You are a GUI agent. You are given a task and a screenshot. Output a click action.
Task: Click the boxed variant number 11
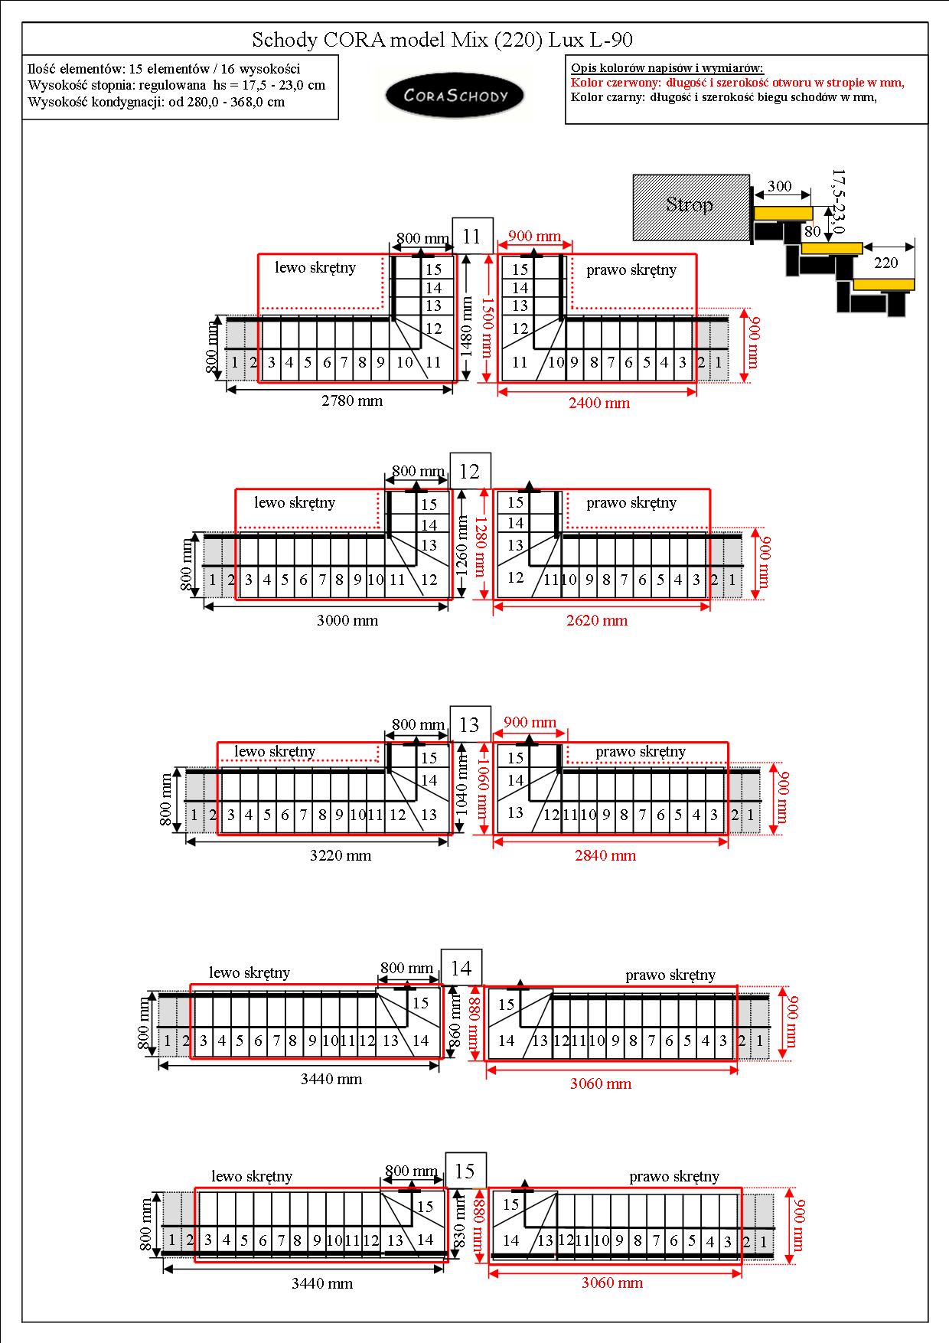point(471,237)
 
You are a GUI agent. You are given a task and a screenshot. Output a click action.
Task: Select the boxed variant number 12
point(469,471)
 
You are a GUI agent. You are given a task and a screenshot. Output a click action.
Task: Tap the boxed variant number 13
point(469,724)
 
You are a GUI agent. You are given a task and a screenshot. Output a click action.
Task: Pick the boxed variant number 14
point(461,968)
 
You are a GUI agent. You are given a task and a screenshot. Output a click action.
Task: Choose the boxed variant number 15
point(465,1171)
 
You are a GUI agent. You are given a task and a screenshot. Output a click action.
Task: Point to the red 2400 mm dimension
point(599,403)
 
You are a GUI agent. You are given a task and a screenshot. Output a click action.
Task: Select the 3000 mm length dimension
point(347,620)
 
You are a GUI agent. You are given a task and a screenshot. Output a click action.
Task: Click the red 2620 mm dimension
point(597,620)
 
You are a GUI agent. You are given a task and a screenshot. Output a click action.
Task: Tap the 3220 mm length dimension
point(341,855)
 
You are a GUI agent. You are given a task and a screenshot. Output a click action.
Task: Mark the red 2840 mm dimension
point(605,855)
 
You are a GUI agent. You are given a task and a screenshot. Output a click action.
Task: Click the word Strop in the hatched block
point(690,204)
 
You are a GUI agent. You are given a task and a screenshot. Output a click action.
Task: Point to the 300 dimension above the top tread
point(779,186)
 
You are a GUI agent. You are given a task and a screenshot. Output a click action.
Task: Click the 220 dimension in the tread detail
point(885,263)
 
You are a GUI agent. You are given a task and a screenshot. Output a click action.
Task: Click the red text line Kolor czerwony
point(738,83)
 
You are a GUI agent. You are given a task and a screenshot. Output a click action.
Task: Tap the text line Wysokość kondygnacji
point(156,102)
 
